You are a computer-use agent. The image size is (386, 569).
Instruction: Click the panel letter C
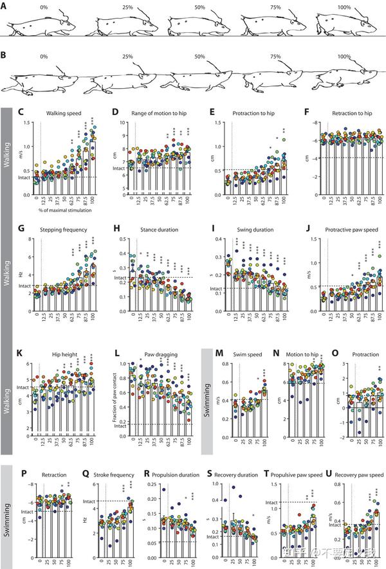pyautogui.click(x=21, y=112)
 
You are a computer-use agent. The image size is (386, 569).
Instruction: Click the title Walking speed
pyautogui.click(x=63, y=114)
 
